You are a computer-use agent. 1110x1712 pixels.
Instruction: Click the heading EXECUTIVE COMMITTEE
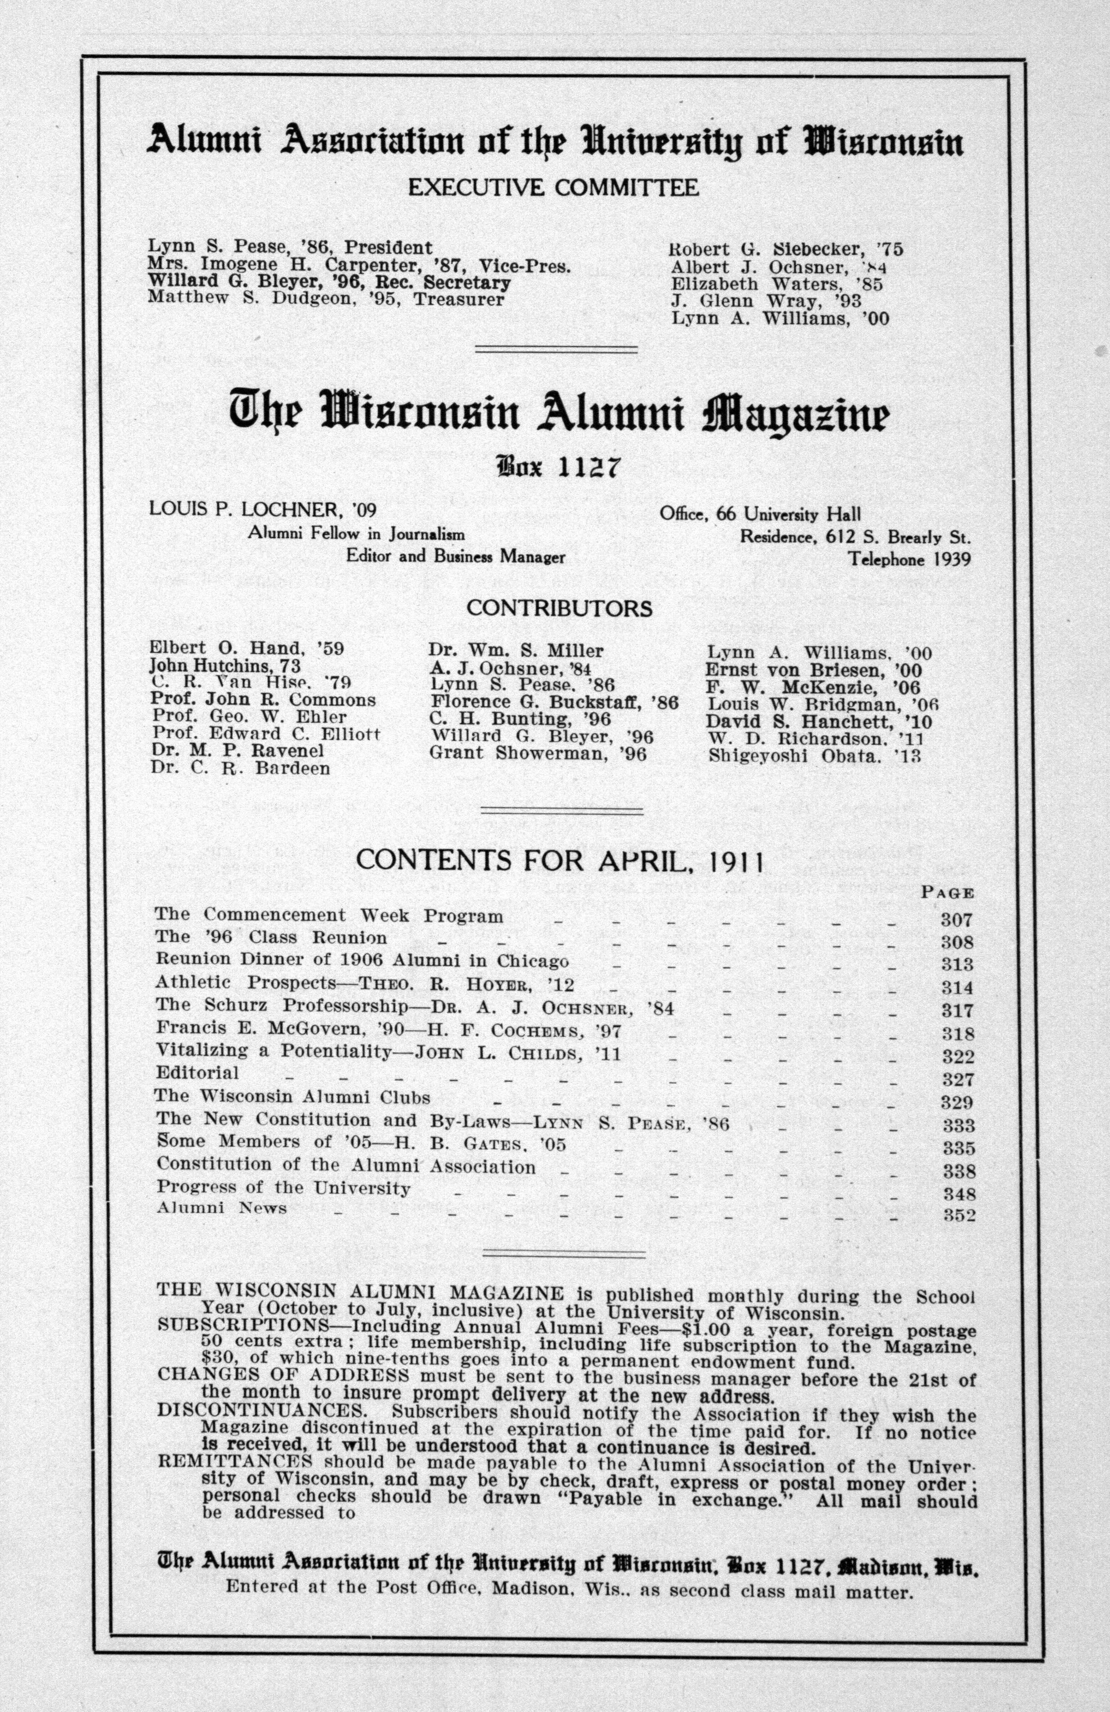[x=553, y=188]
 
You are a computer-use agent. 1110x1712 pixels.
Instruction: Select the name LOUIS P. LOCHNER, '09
[x=262, y=510]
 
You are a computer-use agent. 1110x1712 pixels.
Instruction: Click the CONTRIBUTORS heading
[x=559, y=609]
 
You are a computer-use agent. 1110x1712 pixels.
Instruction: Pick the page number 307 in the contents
[x=957, y=920]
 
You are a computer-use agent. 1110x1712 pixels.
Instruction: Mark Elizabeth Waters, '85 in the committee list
[x=777, y=284]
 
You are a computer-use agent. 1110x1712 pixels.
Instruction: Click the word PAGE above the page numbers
[x=947, y=893]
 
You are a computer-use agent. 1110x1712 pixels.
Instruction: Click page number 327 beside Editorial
[x=958, y=1080]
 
